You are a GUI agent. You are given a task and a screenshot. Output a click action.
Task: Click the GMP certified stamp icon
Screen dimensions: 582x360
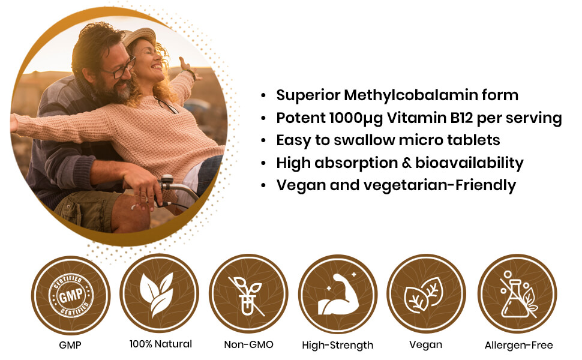pos(71,296)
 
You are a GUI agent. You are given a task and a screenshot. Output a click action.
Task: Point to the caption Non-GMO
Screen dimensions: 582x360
pos(248,345)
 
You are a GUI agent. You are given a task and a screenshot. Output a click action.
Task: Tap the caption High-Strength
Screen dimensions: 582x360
pos(337,346)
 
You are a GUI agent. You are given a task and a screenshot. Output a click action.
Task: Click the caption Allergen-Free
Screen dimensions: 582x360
pos(518,346)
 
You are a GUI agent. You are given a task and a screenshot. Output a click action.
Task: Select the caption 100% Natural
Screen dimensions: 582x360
pos(160,344)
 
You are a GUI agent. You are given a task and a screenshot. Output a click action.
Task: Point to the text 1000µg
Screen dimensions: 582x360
pos(356,118)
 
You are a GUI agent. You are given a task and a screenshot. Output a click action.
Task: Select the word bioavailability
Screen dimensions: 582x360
pos(469,163)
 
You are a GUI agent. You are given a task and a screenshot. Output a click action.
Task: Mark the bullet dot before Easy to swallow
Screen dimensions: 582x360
pos(263,141)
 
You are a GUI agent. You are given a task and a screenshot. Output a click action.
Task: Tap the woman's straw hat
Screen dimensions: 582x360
pos(140,37)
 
